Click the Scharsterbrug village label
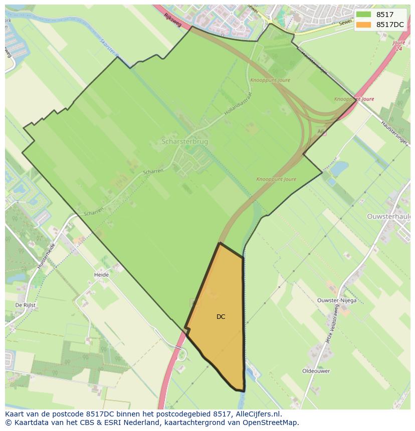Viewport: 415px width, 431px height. coord(184,142)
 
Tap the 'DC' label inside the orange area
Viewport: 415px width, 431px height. coord(221,317)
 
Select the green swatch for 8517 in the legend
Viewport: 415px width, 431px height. coord(364,15)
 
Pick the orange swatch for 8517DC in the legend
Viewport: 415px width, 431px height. coord(364,25)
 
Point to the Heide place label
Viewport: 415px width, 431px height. coord(101,275)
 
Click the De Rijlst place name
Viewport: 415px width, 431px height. coord(25,304)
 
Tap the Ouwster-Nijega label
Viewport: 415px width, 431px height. coord(337,300)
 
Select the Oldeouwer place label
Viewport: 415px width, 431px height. coord(316,371)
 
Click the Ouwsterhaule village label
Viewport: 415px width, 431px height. coord(389,216)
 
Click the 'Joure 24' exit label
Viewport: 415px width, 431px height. coord(398,46)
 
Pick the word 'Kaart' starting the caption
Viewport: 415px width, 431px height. coord(15,414)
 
